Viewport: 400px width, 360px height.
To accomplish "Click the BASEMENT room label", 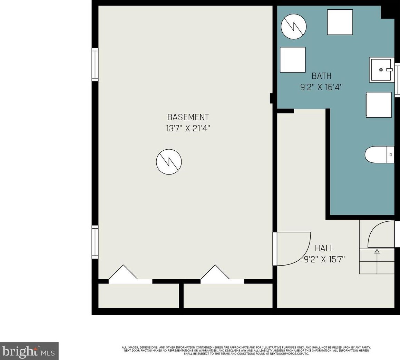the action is (188, 117).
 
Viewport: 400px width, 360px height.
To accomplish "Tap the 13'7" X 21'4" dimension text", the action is (188, 128).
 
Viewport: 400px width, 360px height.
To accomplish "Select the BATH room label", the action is (322, 76).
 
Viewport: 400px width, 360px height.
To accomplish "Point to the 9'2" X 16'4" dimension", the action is (321, 87).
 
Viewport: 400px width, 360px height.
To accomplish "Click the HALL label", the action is (324, 248).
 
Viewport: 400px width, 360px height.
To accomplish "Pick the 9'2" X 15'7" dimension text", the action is (324, 260).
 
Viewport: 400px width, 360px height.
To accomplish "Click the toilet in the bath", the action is (379, 154).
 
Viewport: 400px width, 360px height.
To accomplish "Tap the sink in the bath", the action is (382, 70).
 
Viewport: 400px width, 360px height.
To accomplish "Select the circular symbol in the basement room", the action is (169, 162).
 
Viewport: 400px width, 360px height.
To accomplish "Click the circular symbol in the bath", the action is (294, 26).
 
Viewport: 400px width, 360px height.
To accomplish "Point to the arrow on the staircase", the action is (377, 262).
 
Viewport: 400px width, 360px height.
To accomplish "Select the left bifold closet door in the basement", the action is (124, 274).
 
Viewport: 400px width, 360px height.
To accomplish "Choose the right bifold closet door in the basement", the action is (215, 274).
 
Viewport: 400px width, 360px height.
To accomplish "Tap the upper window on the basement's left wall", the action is (95, 64).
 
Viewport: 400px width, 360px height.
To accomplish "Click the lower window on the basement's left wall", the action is (95, 242).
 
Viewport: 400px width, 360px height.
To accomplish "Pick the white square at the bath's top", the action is (340, 22).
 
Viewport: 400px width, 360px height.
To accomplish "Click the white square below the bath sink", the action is (379, 105).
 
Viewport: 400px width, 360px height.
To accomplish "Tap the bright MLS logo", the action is (29, 351).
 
